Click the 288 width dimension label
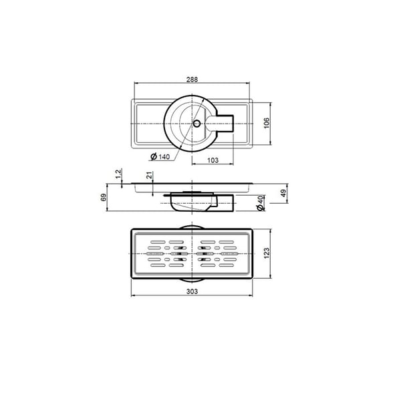192,80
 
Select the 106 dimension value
267,123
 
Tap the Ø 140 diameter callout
160,156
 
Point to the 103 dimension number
213,160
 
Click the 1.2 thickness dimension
118,174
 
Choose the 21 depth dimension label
149,175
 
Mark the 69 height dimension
104,197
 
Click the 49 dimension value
283,193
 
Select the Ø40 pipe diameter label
261,203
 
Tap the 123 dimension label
267,253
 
